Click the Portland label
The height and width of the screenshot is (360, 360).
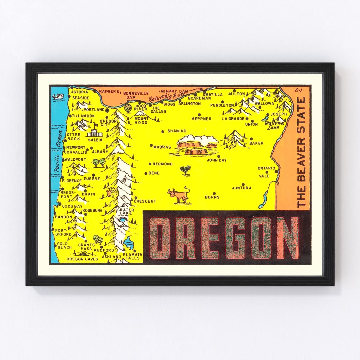click(94, 109)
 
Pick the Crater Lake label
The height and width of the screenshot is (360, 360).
click(125, 212)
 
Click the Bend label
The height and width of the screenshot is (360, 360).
click(154, 173)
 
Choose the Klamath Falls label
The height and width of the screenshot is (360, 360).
click(133, 256)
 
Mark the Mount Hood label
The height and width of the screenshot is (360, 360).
click(141, 120)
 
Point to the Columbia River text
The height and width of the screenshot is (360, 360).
click(164, 97)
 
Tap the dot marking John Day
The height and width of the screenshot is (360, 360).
click(219, 156)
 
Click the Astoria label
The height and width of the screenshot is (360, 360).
click(80, 92)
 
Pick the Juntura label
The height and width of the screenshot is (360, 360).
click(242, 188)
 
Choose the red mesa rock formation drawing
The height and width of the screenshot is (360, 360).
click(197, 146)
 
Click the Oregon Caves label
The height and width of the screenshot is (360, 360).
click(82, 259)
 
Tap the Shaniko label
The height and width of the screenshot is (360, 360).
click(177, 131)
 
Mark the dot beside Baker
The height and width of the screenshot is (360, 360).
click(251, 139)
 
